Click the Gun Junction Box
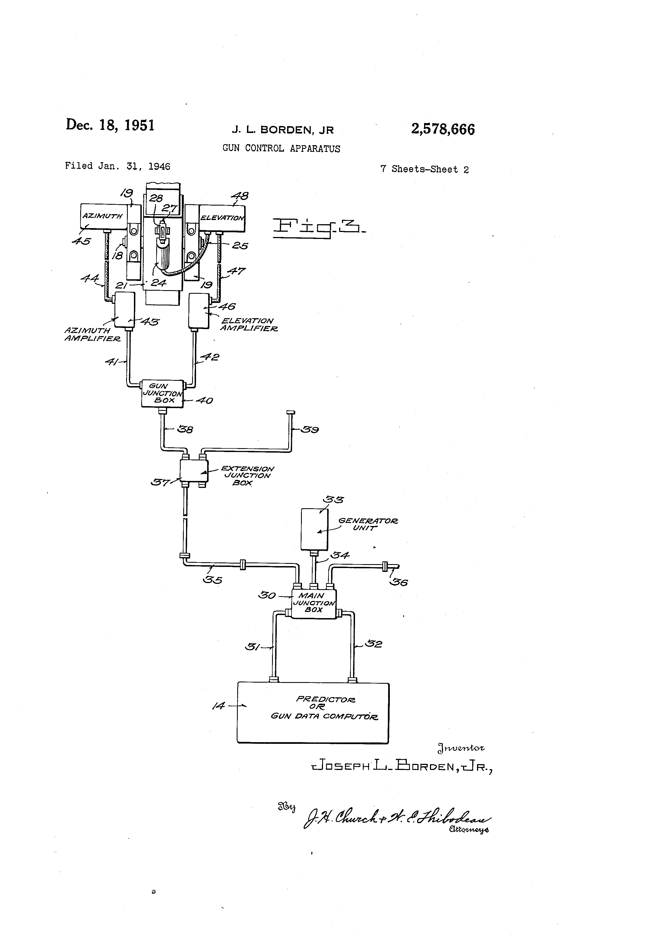(x=162, y=393)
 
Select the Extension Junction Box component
(x=194, y=471)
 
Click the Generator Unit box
(x=314, y=529)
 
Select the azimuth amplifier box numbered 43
(x=124, y=309)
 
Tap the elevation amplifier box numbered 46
(x=199, y=310)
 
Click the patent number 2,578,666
(x=443, y=129)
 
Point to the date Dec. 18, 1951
(x=110, y=125)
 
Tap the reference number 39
(x=310, y=429)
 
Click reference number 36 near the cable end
(x=399, y=582)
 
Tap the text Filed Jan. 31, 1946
(x=118, y=166)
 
